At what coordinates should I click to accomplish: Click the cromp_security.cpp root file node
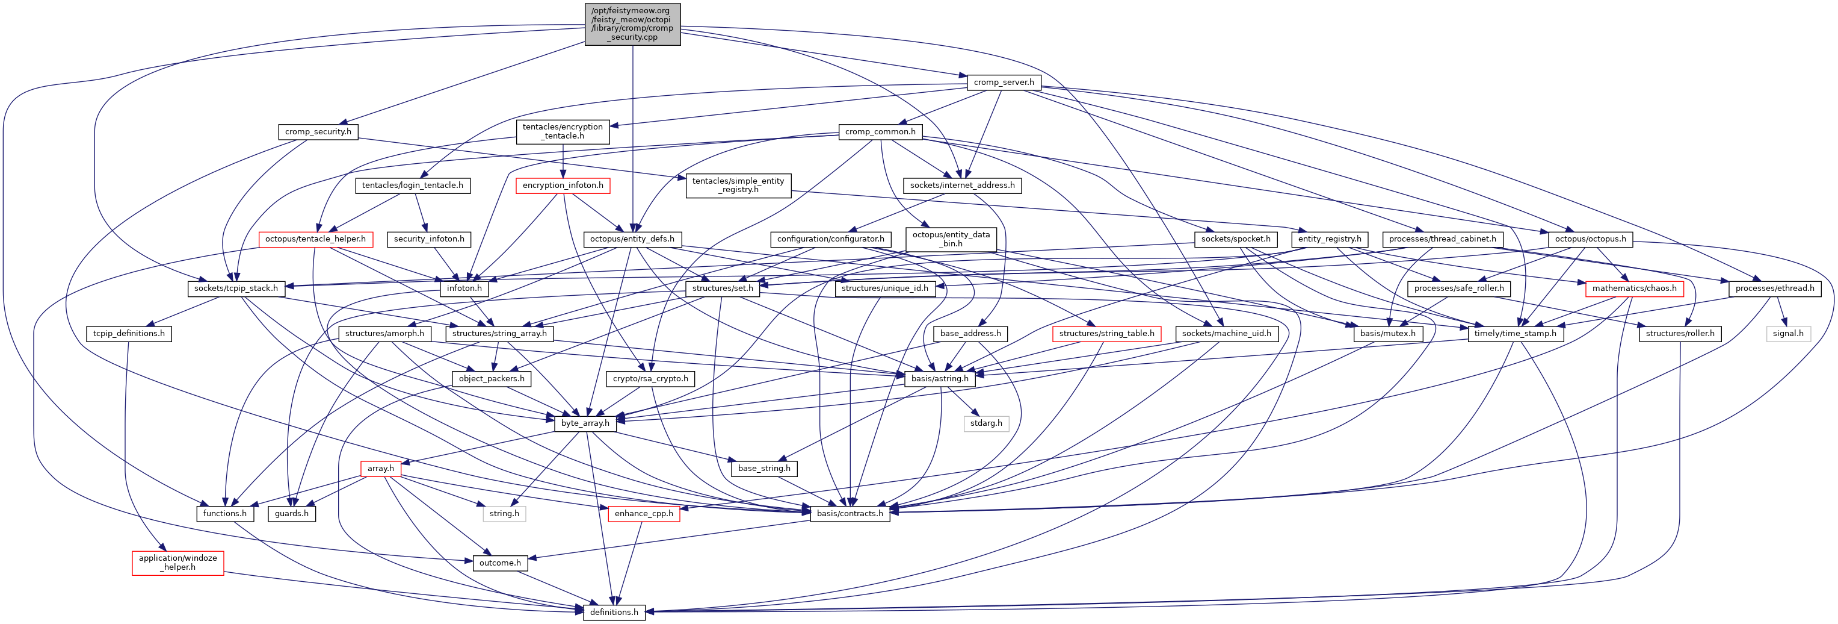click(x=632, y=24)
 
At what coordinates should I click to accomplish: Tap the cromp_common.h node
click(x=880, y=131)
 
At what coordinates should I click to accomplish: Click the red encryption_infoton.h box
click(x=563, y=185)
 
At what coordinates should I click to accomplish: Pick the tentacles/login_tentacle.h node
click(x=412, y=185)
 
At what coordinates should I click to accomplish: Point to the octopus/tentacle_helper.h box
click(x=315, y=239)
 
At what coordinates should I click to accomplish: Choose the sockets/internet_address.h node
click(x=962, y=185)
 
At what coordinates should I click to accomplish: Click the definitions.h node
click(x=614, y=612)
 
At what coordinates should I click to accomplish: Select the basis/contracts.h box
click(x=850, y=513)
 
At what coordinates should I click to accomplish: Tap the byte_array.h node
click(x=585, y=423)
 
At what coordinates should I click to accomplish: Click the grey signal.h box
click(x=1787, y=334)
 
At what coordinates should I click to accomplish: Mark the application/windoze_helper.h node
click(x=177, y=563)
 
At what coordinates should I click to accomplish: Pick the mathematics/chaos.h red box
click(x=1634, y=289)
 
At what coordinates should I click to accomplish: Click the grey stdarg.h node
click(x=986, y=423)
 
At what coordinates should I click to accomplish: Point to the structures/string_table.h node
click(x=1106, y=334)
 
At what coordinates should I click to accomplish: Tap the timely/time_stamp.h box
click(x=1515, y=334)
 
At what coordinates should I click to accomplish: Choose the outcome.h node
click(x=499, y=563)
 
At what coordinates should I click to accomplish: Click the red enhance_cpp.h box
click(x=644, y=513)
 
